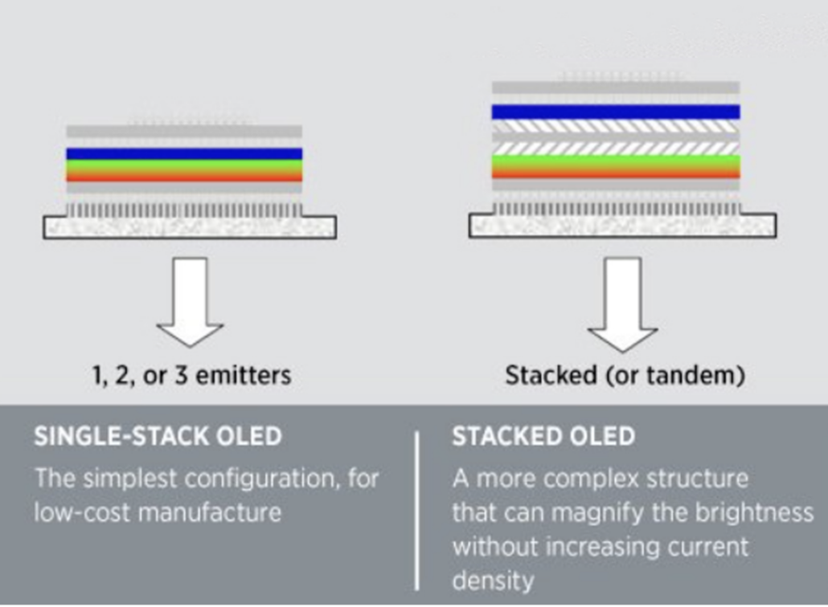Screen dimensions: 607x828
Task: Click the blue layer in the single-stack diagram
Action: point(184,153)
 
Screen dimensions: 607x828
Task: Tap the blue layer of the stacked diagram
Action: point(615,112)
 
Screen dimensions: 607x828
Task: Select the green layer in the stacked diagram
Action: point(615,161)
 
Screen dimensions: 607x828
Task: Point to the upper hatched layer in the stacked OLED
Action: point(615,127)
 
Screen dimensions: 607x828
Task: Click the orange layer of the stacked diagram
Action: point(615,173)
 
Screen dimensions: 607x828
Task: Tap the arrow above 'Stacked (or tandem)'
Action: point(622,305)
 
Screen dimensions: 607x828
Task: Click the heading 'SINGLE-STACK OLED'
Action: point(158,437)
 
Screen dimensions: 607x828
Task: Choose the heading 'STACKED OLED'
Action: point(543,437)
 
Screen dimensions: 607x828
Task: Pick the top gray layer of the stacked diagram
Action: point(615,87)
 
